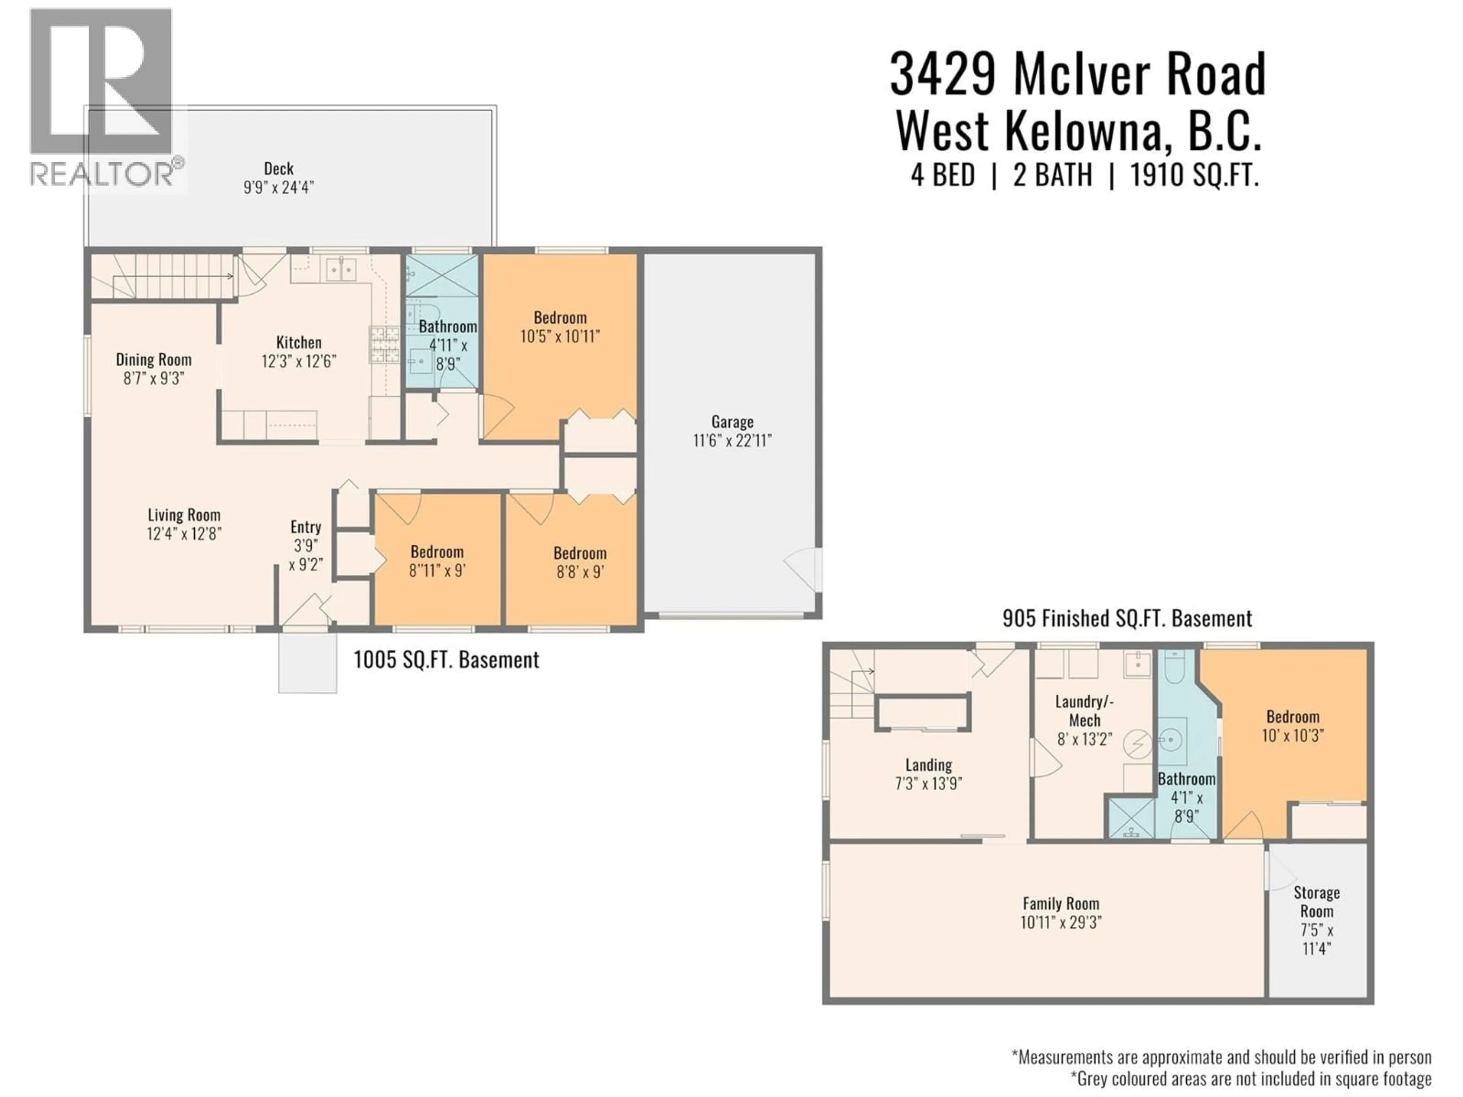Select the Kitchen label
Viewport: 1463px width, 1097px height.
(299, 342)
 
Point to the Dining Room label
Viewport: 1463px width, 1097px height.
(154, 360)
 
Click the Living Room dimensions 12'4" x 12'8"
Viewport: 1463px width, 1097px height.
(184, 534)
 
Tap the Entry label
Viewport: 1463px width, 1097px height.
(306, 527)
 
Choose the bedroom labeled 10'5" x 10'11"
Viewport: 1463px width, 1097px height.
(560, 327)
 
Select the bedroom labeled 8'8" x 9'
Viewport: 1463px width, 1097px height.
(580, 563)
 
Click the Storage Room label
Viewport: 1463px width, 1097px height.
(1316, 902)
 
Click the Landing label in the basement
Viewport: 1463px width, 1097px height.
(928, 765)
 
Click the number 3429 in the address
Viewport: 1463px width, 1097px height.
(943, 75)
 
